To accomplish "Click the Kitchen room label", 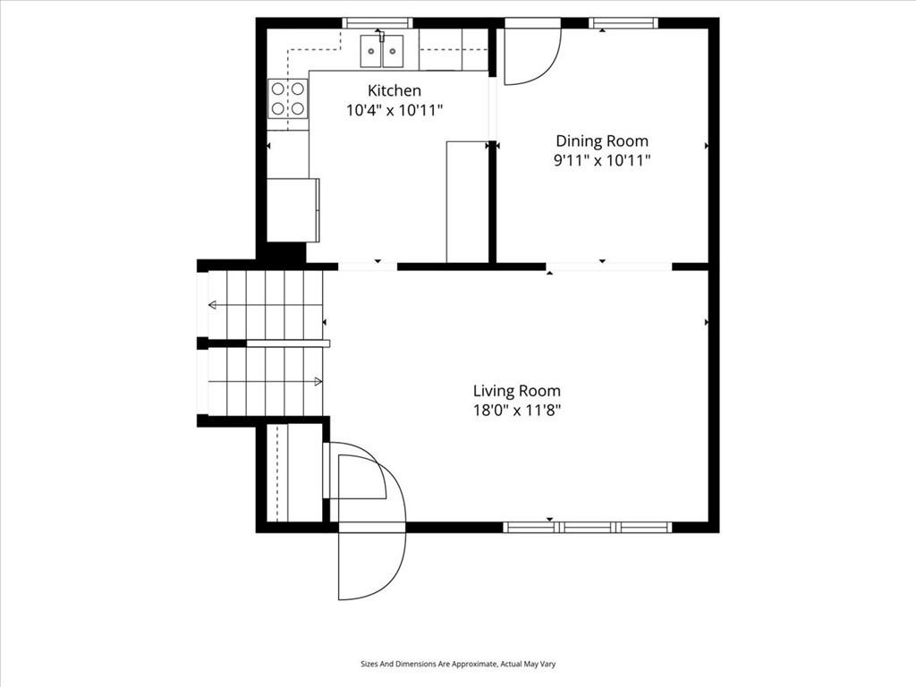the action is [394, 90].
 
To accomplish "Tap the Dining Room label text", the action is [602, 140].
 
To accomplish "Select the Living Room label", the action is [516, 391].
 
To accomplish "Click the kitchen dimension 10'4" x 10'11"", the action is [394, 110].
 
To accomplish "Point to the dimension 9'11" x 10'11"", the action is [602, 160].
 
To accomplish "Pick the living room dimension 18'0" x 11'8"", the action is [516, 410].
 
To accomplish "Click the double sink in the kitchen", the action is [381, 51].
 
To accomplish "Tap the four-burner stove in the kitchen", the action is [288, 98].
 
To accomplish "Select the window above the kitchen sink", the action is [377, 23].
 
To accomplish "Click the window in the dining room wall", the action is [623, 23].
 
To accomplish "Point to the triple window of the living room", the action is [588, 528].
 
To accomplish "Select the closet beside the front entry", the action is [295, 472].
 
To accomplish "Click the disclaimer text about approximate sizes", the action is [458, 664].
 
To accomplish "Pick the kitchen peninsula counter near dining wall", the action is [467, 201].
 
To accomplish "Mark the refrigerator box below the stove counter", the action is [293, 210].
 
